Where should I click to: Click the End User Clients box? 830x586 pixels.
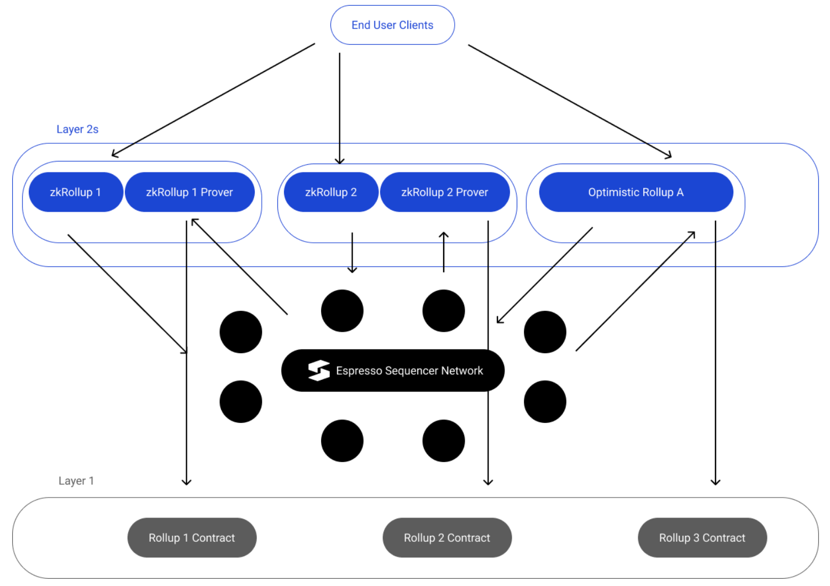tap(392, 25)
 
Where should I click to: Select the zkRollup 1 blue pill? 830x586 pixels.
tap(76, 192)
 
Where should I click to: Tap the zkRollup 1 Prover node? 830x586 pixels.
tap(190, 192)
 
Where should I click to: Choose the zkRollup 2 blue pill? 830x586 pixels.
tap(331, 192)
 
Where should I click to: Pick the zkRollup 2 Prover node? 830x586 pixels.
tap(445, 192)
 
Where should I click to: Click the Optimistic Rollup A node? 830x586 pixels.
tap(636, 192)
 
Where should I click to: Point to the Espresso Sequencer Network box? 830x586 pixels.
tap(393, 370)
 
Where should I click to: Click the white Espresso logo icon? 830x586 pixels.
tap(319, 370)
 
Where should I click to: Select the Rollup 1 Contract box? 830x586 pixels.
tap(192, 538)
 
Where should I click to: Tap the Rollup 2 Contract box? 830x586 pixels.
tap(447, 538)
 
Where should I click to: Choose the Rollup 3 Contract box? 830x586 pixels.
tap(702, 538)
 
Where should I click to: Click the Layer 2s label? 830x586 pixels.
tap(77, 129)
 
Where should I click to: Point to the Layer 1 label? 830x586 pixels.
tap(76, 481)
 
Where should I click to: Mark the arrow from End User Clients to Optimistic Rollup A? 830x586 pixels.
tap(569, 101)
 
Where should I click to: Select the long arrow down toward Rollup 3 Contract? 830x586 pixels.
tap(716, 354)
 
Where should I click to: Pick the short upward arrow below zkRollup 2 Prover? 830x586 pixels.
tap(444, 252)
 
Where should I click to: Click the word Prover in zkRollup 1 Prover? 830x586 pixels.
tap(217, 192)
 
